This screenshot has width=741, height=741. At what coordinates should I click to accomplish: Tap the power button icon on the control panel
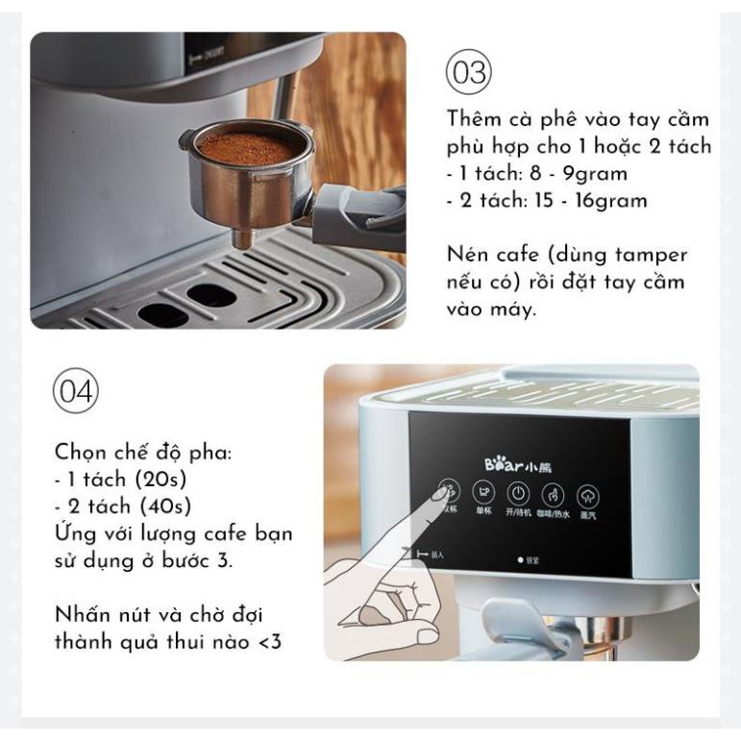518,493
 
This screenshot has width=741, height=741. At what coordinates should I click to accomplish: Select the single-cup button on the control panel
485,493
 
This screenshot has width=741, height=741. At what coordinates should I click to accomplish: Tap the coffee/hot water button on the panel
553,495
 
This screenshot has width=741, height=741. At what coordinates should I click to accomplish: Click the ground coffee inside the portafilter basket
245,148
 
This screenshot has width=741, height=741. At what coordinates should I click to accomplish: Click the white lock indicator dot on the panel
520,558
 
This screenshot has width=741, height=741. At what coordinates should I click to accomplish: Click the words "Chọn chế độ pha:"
142,452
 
